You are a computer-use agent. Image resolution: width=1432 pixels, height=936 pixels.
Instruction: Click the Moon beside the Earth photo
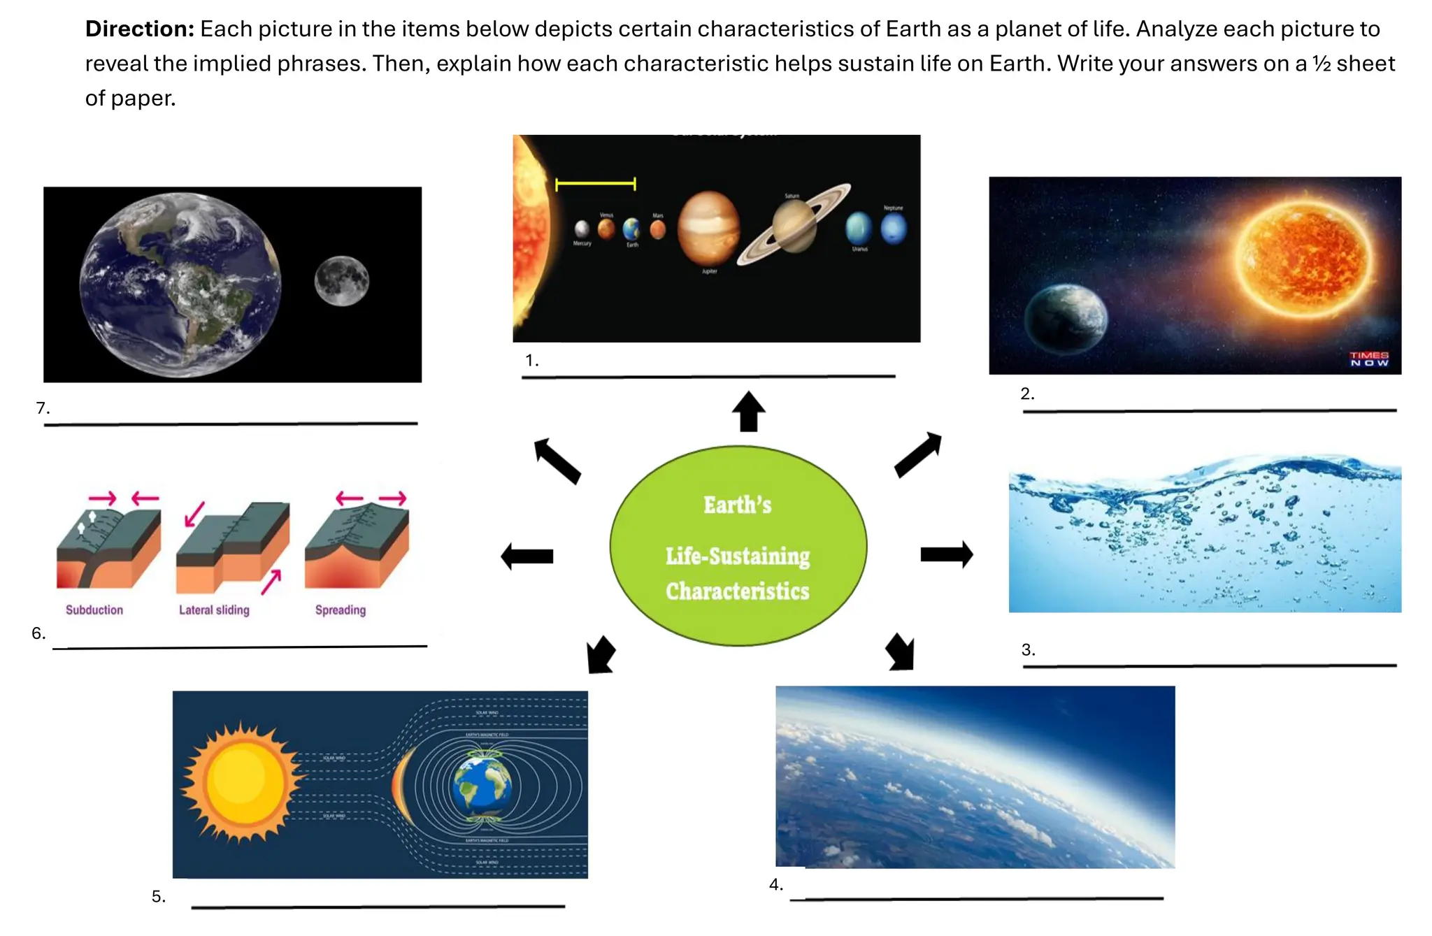(341, 281)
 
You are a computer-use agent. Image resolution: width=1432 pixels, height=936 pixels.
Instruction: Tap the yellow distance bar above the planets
(595, 185)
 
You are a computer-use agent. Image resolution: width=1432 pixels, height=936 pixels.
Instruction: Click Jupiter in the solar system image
(708, 229)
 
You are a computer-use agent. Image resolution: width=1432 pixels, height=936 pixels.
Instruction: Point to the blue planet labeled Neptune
(894, 229)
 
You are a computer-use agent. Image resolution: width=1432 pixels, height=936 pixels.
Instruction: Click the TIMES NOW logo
(1368, 359)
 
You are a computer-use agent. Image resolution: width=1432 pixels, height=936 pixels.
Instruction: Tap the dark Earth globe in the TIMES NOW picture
(1065, 319)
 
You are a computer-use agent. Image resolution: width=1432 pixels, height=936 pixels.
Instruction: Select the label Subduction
(94, 610)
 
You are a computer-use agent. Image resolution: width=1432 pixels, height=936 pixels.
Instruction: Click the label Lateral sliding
(214, 610)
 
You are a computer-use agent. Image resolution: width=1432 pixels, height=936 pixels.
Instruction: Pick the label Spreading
(341, 610)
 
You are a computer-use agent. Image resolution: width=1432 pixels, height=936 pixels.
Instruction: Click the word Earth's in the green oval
(737, 505)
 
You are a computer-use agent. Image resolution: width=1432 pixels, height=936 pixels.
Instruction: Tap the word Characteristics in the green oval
(737, 591)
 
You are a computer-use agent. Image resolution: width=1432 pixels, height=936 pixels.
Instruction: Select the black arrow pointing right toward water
(946, 554)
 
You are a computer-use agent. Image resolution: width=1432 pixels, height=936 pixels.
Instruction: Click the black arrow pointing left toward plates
(527, 556)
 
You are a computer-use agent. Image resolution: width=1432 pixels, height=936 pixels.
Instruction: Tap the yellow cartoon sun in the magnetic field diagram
(241, 782)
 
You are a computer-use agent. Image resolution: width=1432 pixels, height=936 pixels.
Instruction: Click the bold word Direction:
(139, 29)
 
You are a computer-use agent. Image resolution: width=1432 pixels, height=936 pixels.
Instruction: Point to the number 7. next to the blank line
(43, 408)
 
